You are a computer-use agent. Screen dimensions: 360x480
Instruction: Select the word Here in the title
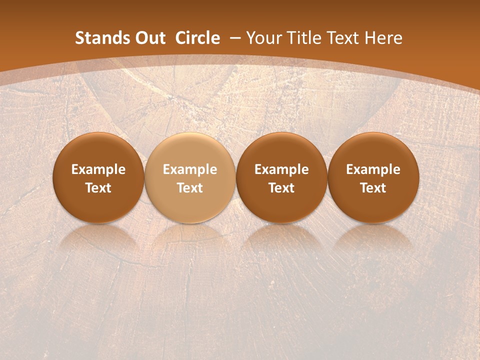(x=383, y=38)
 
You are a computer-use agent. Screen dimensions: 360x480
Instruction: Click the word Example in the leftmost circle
(x=98, y=169)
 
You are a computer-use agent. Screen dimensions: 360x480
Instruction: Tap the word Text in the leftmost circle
(x=98, y=188)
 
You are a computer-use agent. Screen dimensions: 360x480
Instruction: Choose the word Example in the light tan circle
(x=190, y=169)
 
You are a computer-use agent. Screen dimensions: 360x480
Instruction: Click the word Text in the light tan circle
(x=190, y=188)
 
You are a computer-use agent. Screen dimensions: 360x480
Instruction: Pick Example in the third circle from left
(x=281, y=169)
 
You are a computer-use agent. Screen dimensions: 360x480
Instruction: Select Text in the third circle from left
(x=281, y=188)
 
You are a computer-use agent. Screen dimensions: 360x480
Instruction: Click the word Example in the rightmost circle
(x=373, y=169)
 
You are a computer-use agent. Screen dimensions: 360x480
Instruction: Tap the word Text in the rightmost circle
(x=373, y=188)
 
